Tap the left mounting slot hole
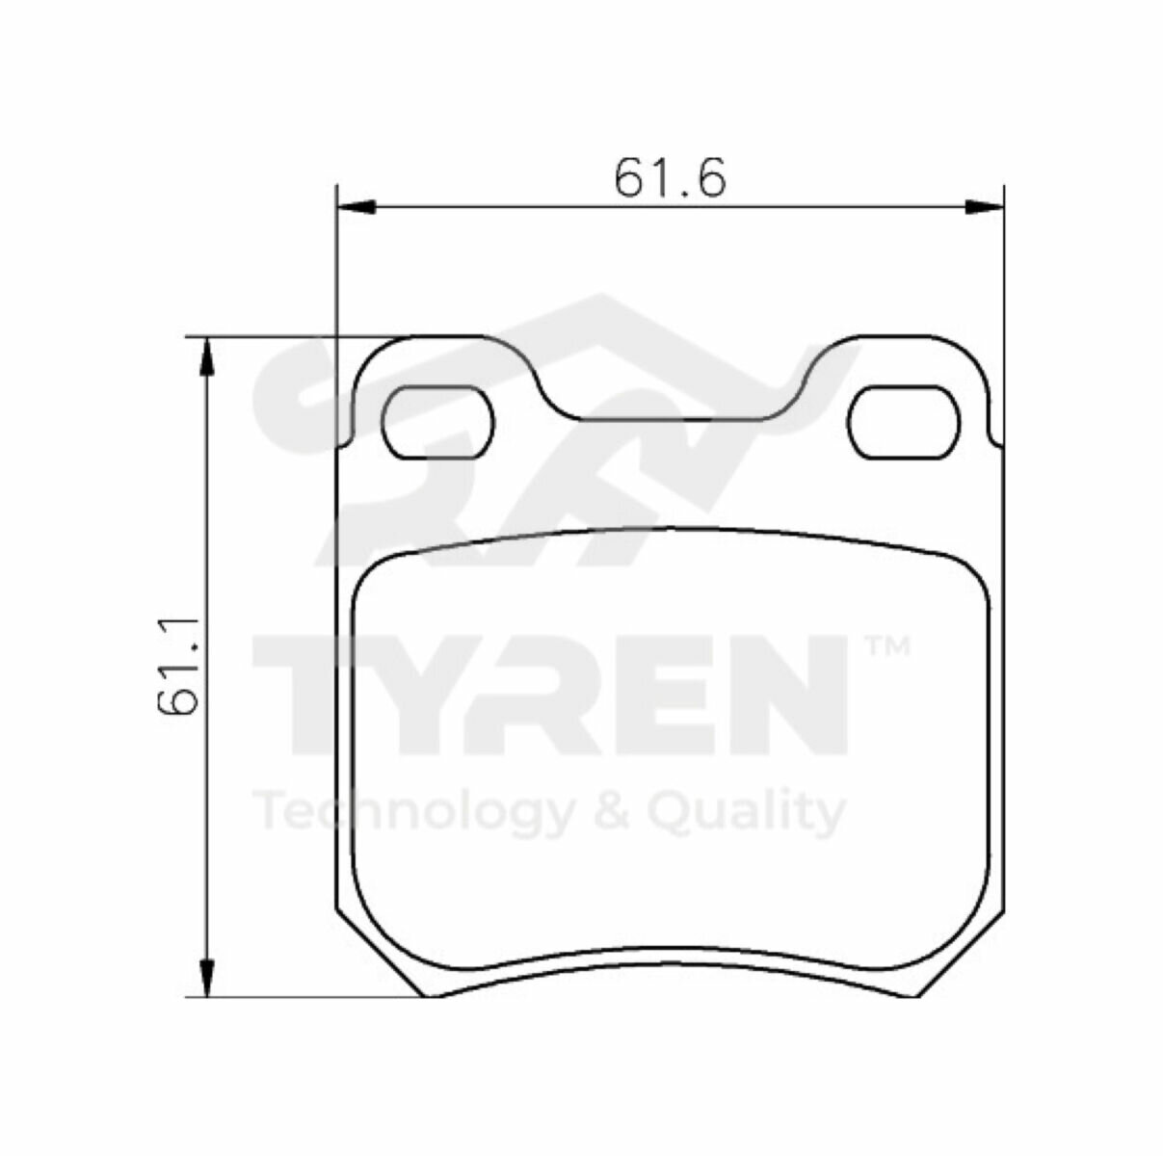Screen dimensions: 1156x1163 (438, 421)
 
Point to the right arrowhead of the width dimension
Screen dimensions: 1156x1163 (984, 205)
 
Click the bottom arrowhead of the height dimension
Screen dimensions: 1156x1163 (205, 978)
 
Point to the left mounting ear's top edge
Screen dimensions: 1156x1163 (443, 338)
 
